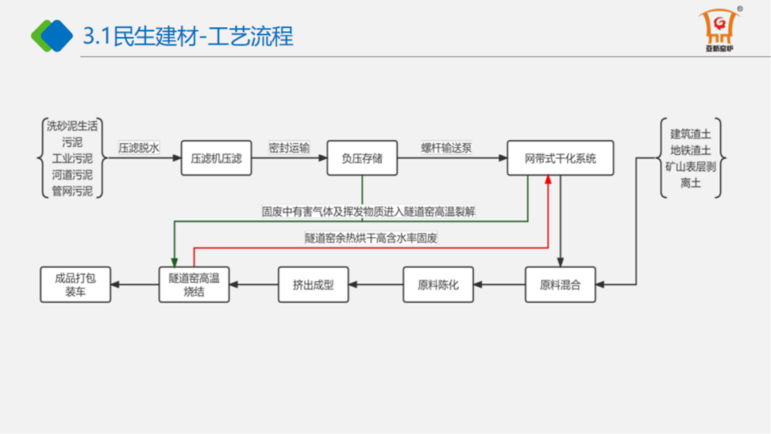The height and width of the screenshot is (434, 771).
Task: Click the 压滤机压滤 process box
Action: [216, 158]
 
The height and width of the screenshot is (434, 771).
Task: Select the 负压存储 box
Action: [362, 158]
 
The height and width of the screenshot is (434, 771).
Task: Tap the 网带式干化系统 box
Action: [560, 158]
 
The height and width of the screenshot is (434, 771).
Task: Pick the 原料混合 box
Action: [560, 285]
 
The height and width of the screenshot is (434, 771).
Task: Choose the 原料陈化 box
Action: [438, 285]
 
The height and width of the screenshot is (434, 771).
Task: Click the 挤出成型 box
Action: [313, 285]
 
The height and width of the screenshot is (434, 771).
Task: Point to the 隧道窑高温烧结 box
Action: [193, 285]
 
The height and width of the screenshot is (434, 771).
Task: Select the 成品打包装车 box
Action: [75, 285]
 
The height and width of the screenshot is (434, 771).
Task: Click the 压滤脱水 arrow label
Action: [138, 148]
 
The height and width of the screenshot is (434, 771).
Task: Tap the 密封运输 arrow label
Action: [289, 148]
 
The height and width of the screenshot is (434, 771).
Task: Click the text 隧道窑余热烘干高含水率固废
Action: [371, 238]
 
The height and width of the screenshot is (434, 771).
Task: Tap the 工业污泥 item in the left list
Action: [72, 158]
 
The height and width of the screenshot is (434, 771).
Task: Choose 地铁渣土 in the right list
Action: [690, 150]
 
